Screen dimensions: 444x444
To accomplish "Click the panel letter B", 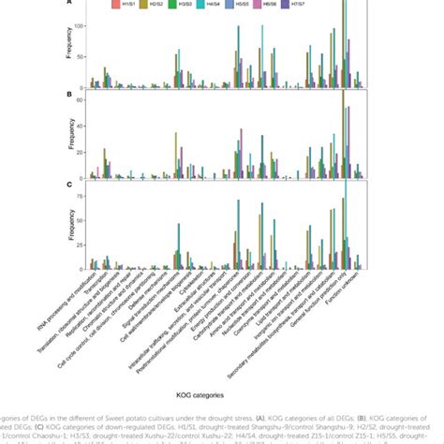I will tap(67, 95).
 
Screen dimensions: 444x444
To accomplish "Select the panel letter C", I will tap(67, 185).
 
